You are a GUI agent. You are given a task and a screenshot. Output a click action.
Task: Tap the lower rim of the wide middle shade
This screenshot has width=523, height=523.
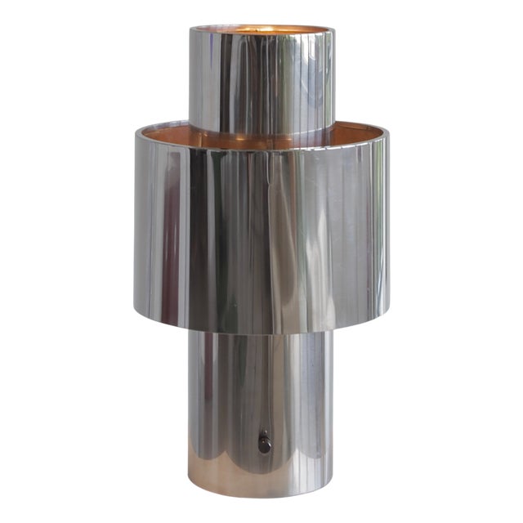pyautogui.click(x=261, y=332)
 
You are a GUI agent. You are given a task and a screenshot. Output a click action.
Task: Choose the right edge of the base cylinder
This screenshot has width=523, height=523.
pyautogui.click(x=333, y=409)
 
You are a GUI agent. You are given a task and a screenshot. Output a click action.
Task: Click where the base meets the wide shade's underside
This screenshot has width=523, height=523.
pyautogui.click(x=261, y=334)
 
